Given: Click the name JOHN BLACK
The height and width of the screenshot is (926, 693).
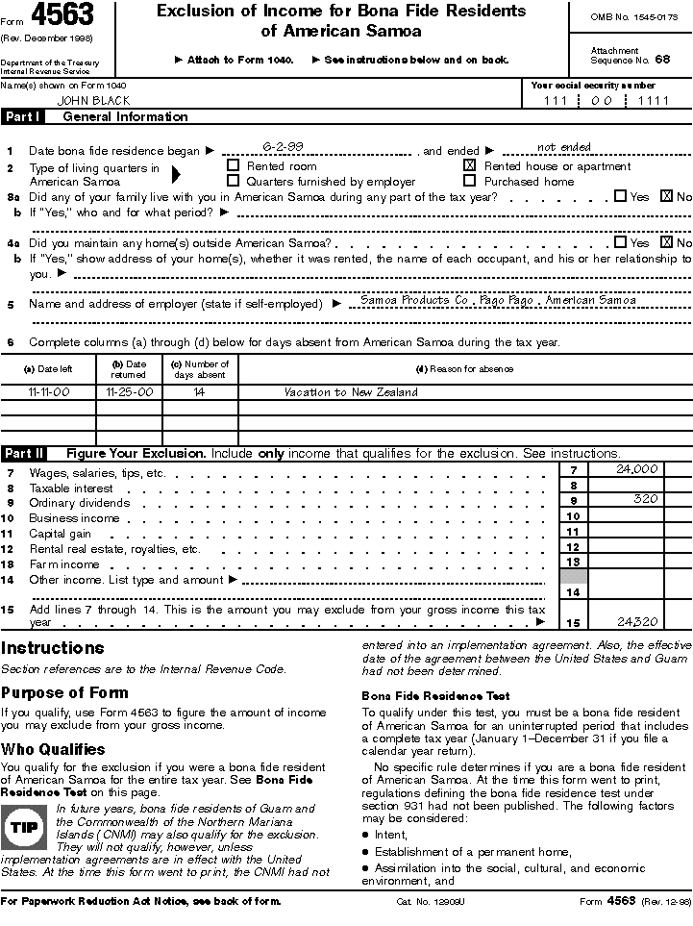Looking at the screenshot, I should (94, 100).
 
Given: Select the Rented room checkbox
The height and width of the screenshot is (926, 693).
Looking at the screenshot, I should (233, 165).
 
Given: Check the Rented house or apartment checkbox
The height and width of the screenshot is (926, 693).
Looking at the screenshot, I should (470, 165).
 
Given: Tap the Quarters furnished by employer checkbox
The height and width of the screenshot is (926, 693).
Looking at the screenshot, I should (233, 181).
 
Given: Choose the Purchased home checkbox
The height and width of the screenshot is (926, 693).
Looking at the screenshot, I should (470, 181).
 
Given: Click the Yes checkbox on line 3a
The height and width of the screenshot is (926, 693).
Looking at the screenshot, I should (620, 196).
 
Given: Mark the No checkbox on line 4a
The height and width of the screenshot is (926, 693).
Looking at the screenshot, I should (667, 243).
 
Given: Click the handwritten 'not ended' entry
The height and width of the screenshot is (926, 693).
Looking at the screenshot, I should (564, 147).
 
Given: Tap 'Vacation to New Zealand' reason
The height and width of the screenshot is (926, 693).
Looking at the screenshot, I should (351, 392).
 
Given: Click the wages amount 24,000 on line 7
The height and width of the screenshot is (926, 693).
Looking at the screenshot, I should (637, 469).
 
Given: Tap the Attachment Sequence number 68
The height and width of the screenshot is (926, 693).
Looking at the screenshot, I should (661, 59).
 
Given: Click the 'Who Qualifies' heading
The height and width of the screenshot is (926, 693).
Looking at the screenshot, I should (53, 749).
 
